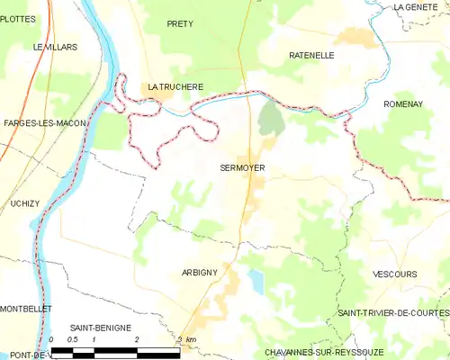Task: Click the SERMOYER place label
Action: [x=242, y=167]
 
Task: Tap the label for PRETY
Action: [x=180, y=23]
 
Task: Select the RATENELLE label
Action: [x=312, y=55]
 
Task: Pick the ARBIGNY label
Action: [x=200, y=272]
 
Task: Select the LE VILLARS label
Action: [x=55, y=46]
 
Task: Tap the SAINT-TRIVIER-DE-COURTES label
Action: [x=392, y=311]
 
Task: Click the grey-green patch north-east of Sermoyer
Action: [x=268, y=117]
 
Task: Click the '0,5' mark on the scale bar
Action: [x=73, y=339]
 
